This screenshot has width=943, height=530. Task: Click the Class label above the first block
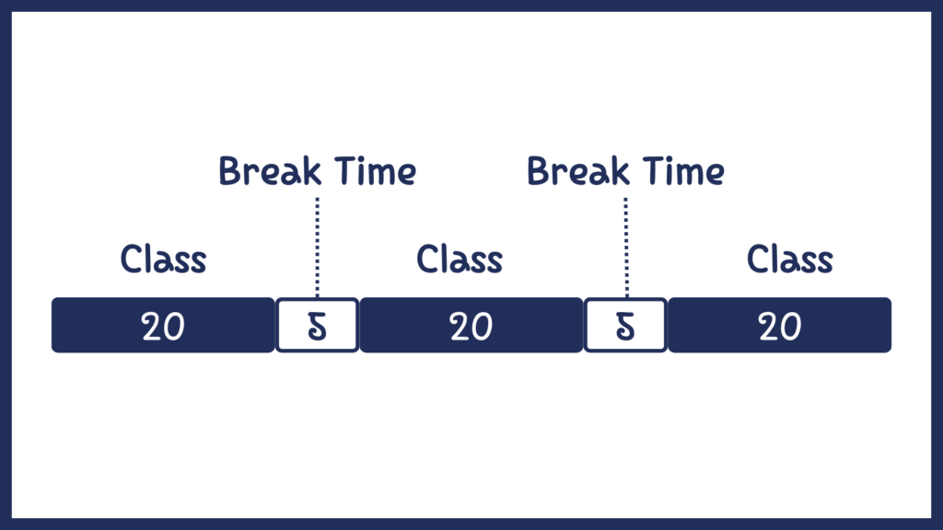[164, 259]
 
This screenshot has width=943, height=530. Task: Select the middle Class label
[460, 259]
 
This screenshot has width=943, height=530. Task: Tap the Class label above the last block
[789, 259]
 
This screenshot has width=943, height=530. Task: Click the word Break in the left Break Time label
[270, 171]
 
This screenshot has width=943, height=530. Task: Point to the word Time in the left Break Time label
[376, 171]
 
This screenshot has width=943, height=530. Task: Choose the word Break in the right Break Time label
[578, 171]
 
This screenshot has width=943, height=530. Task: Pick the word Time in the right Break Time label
[684, 171]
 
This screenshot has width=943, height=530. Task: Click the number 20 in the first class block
[163, 327]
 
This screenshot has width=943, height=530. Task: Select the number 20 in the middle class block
[471, 327]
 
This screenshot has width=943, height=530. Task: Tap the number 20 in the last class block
[779, 327]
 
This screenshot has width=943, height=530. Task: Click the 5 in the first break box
[317, 327]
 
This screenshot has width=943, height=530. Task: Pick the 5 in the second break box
[625, 327]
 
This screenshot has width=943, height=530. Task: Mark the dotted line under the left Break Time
[318, 247]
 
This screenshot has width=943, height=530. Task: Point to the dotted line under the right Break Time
[626, 247]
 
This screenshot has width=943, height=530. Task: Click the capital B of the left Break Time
[229, 171]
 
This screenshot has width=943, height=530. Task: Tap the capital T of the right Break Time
[655, 171]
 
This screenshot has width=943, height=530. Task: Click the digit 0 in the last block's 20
[791, 328]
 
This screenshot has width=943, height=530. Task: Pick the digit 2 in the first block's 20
[152, 328]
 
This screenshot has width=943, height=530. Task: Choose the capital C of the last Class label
[758, 259]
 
